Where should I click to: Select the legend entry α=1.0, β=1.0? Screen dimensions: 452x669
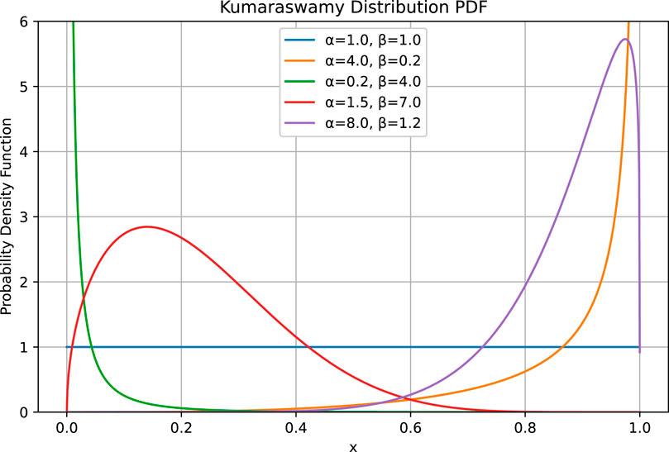(375, 40)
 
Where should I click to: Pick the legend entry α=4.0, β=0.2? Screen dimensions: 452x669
(375, 62)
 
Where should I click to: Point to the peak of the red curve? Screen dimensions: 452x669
(147, 226)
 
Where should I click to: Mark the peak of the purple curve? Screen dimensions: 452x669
(625, 39)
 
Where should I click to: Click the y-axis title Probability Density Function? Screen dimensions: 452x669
(9, 216)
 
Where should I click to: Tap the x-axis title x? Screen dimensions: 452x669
(353, 445)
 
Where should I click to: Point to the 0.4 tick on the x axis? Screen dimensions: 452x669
(296, 428)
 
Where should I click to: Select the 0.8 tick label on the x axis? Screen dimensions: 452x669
(525, 428)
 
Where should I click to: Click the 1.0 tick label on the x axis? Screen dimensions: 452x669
(639, 428)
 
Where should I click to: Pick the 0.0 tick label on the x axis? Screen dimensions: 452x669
(67, 428)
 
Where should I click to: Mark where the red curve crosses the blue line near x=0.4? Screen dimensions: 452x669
(307, 347)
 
